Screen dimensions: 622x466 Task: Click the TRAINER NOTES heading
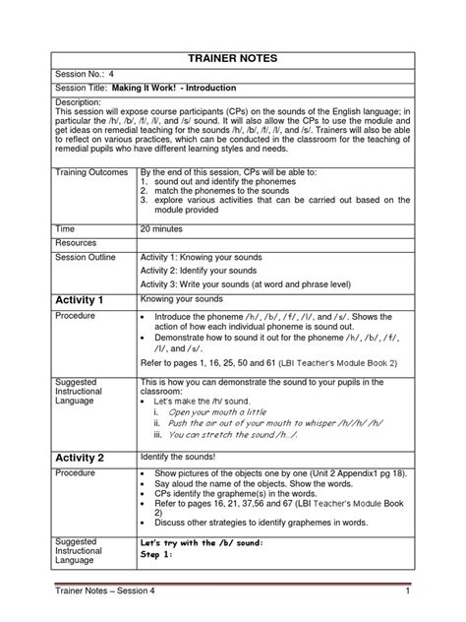pyautogui.click(x=233, y=58)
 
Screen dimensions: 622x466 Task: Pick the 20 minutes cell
pyautogui.click(x=172, y=225)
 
